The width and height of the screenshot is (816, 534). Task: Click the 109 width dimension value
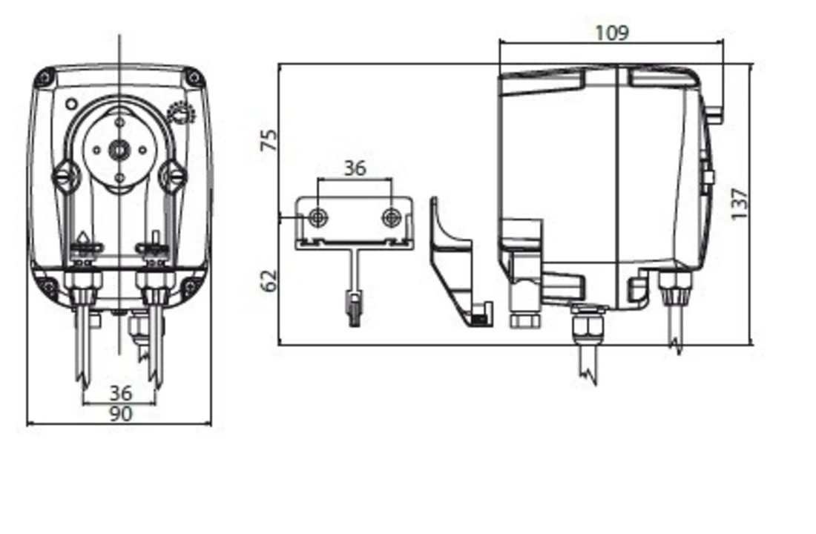point(611,33)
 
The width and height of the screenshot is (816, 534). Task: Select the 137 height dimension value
point(739,203)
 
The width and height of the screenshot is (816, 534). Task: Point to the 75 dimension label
point(269,140)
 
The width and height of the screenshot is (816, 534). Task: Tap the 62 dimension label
point(269,280)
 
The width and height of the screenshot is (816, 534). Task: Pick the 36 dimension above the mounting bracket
point(355,168)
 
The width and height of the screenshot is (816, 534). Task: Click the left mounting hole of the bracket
point(318,217)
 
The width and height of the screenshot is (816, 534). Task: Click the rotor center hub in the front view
point(119,150)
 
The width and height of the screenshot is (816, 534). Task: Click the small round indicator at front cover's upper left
point(71,105)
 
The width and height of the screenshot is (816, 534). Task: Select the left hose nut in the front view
point(83,285)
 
